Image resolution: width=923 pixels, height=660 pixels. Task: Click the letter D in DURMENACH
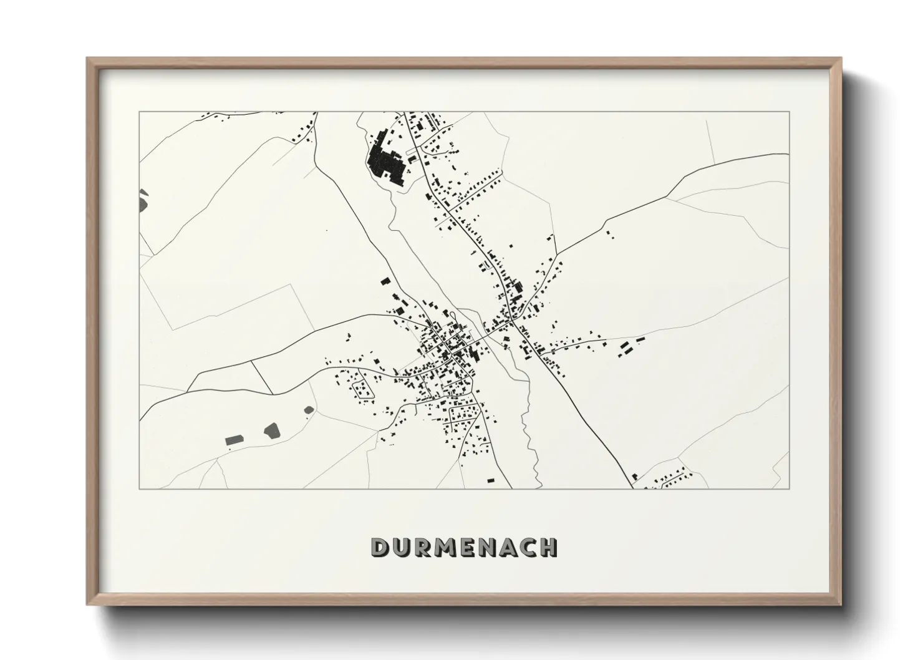coord(380,547)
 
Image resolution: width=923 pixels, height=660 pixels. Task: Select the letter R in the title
coord(423,547)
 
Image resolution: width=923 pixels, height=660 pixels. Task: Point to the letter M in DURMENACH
coord(447,547)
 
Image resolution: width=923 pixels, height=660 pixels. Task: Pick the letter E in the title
coord(470,547)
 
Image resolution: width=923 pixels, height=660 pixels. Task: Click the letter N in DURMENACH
coord(490,547)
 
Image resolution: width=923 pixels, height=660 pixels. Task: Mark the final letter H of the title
coord(550,547)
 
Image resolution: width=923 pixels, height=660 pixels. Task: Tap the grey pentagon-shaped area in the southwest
coord(272,429)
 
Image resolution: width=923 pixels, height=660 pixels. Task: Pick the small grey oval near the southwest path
coord(308,410)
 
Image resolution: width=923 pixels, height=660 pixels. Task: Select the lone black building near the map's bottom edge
coord(490,480)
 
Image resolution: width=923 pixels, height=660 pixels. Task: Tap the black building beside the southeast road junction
coord(634,477)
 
